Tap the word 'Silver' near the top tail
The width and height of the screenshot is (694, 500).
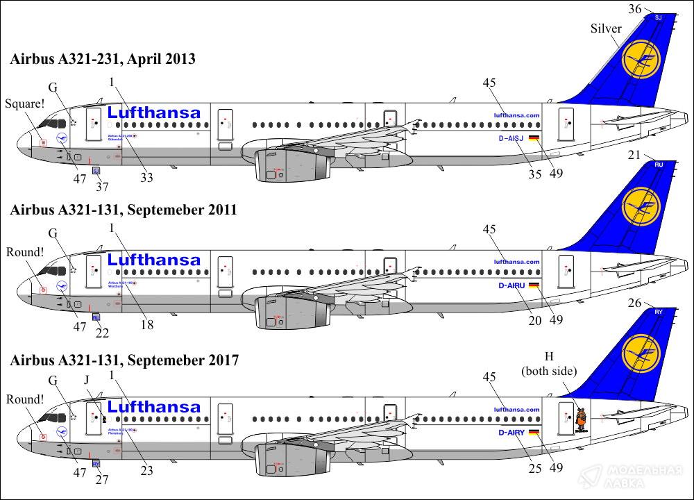click(x=606, y=28)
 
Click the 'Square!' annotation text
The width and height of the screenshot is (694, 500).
click(x=24, y=104)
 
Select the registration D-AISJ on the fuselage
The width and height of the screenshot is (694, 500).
click(x=513, y=138)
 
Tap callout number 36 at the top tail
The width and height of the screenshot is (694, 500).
click(x=634, y=9)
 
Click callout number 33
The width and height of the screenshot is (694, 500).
click(x=146, y=178)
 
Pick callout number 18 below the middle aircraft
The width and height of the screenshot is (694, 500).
click(x=146, y=324)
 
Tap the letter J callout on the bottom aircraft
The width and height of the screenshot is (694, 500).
click(x=87, y=380)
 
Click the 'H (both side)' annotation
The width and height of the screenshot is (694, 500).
click(x=549, y=365)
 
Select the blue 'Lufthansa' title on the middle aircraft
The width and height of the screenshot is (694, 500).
click(x=154, y=260)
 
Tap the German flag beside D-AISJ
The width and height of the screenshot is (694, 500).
click(x=533, y=138)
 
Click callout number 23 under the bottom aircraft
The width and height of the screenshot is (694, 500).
click(x=146, y=469)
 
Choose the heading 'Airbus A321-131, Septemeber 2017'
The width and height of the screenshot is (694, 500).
click(x=124, y=360)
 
